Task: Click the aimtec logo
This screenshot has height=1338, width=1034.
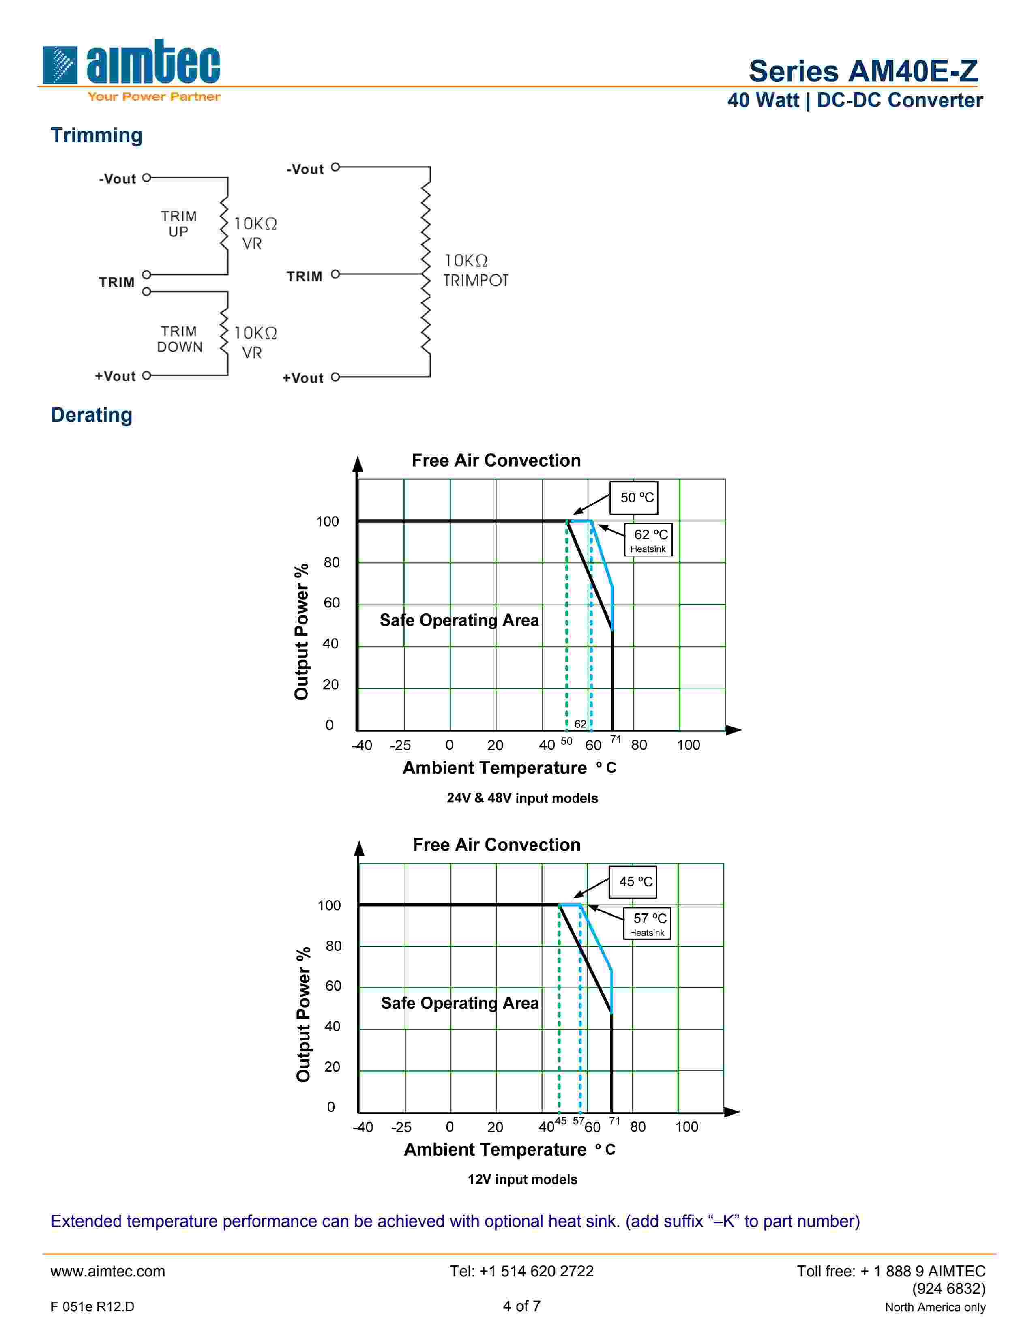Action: [x=131, y=69]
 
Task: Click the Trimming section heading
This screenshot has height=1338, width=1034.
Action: [x=96, y=135]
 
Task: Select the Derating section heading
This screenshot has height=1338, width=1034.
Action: [x=91, y=415]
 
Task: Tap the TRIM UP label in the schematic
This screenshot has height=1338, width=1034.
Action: [x=179, y=224]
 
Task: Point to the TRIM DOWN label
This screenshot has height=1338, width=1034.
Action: [x=180, y=339]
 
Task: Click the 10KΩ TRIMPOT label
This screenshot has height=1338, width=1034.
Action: [x=475, y=270]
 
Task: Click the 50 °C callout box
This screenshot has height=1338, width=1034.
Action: [x=634, y=497]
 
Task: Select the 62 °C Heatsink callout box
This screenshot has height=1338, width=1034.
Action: [x=648, y=539]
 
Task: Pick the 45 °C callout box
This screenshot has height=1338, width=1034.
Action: [x=633, y=881]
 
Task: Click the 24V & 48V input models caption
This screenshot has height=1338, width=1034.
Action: [x=522, y=798]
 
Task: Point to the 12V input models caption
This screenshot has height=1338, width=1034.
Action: [x=522, y=1179]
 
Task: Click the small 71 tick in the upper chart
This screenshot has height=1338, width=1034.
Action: [x=616, y=740]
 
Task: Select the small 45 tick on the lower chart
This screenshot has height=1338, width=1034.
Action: [x=560, y=1121]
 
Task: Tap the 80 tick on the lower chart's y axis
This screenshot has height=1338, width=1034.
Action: [x=333, y=946]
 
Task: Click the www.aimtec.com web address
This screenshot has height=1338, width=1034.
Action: [x=108, y=1271]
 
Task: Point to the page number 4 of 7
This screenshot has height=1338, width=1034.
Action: [x=521, y=1306]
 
